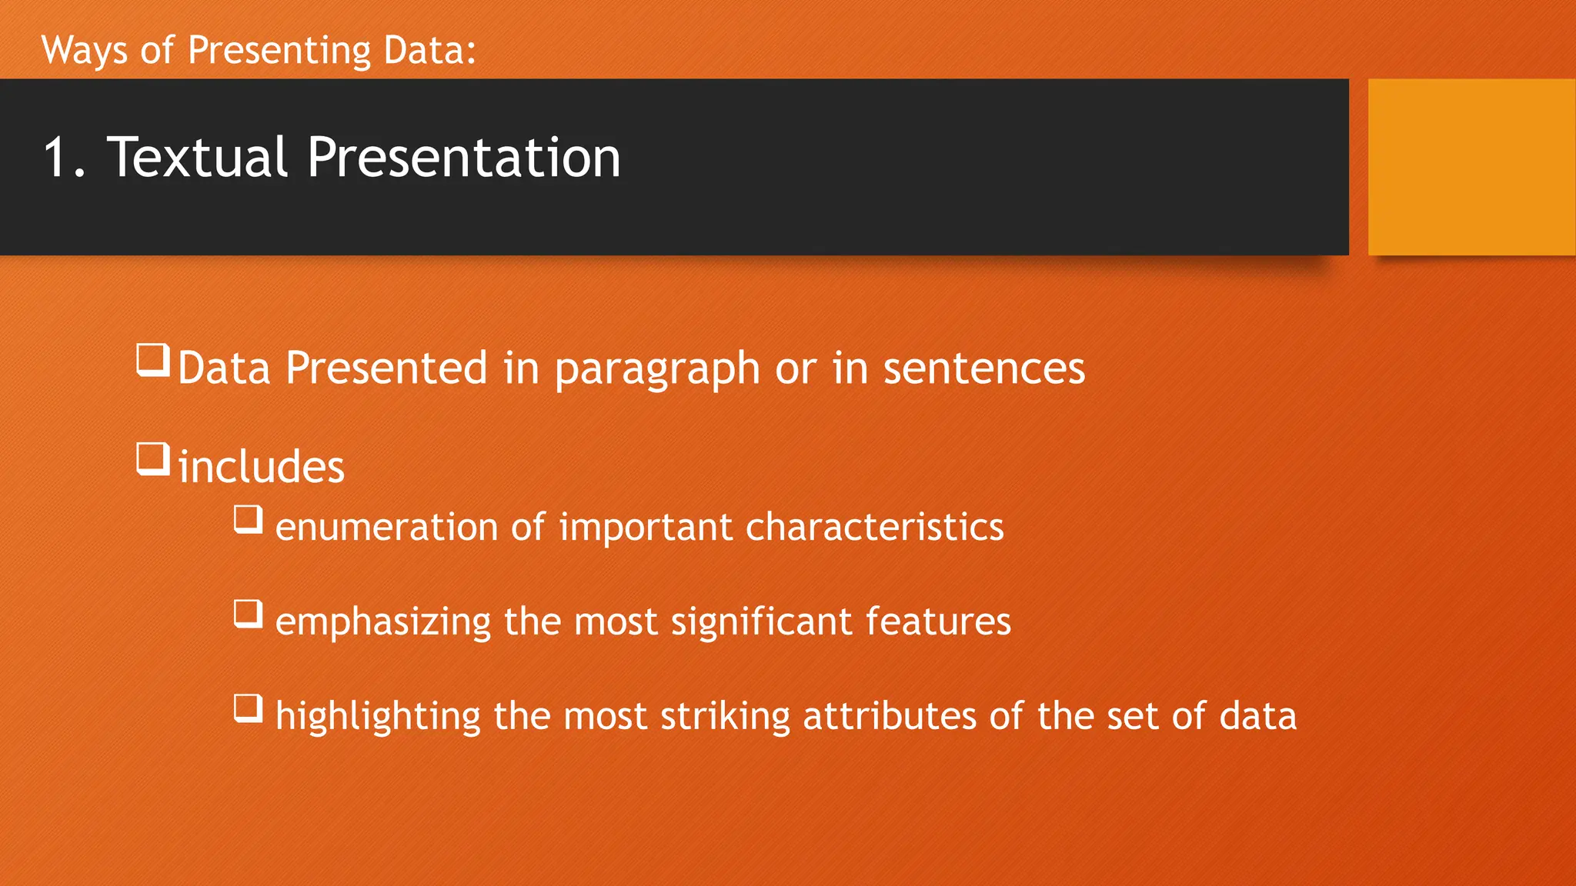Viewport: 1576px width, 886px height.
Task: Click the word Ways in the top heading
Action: pos(85,51)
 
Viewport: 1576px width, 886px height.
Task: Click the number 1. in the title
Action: pos(65,158)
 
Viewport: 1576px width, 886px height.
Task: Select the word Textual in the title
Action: pos(197,158)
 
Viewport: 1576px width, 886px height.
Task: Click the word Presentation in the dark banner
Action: pos(463,158)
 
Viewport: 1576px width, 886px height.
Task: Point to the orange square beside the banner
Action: pos(1471,167)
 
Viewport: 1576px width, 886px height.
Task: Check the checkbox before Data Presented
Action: pos(153,360)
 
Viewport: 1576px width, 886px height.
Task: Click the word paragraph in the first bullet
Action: pos(657,369)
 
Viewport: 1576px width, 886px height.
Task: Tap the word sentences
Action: pos(983,368)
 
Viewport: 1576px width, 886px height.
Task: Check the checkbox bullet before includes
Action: pos(153,459)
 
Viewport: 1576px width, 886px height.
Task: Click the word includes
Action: pos(262,467)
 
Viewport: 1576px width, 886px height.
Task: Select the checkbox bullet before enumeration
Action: pos(249,519)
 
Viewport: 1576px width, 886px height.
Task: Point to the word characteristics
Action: pos(874,528)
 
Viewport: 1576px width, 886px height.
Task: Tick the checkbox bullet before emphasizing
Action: pos(249,614)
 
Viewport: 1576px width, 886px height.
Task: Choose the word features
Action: pos(937,621)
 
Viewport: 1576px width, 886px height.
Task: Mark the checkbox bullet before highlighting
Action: pos(249,708)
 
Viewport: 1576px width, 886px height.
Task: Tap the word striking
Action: pos(725,717)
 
